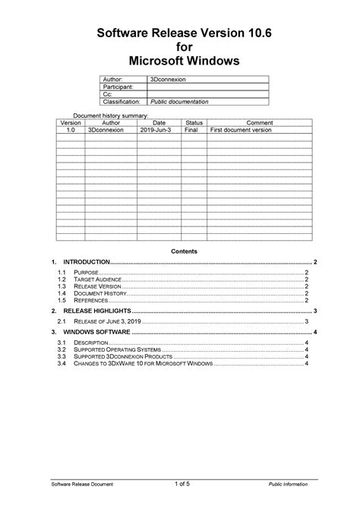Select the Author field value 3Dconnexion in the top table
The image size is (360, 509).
click(x=168, y=81)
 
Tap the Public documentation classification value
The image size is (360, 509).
click(x=178, y=101)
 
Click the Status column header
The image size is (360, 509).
click(x=194, y=123)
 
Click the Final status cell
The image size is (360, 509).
click(x=193, y=130)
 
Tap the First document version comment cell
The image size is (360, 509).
click(x=241, y=130)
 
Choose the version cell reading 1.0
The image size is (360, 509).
click(x=71, y=130)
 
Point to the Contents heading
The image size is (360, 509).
click(x=184, y=251)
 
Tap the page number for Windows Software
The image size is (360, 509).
click(x=314, y=333)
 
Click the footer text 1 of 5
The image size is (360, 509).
click(x=182, y=484)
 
